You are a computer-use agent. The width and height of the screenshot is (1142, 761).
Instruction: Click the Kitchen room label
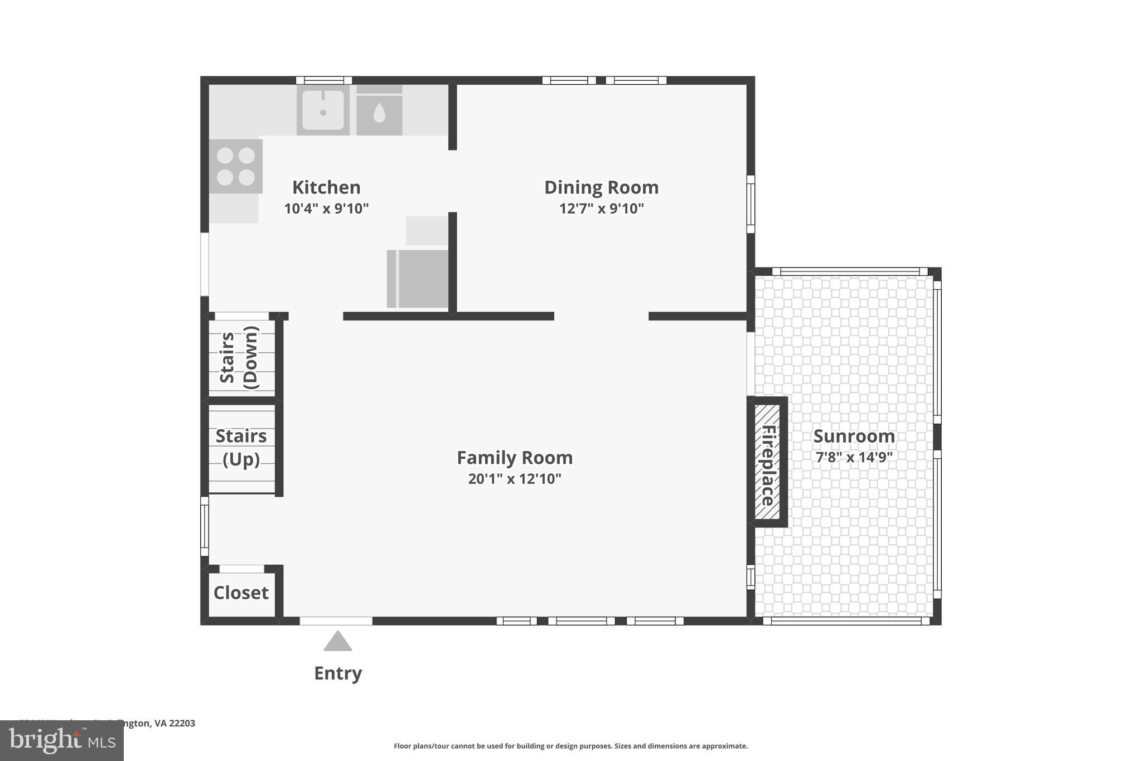click(326, 187)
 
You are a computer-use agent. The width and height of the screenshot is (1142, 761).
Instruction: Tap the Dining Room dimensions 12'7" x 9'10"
click(601, 209)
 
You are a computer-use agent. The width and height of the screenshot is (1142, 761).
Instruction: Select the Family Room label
click(514, 457)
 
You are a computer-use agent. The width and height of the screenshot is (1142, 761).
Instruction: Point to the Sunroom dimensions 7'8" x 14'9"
click(854, 457)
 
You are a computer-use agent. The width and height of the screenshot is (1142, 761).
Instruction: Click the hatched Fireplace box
click(767, 462)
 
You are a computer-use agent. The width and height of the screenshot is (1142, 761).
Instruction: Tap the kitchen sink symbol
click(323, 110)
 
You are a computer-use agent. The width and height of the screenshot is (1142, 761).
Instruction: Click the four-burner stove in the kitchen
click(235, 166)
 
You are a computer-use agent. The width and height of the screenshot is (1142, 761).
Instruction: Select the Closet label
click(241, 593)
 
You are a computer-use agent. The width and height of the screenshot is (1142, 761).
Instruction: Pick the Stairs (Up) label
click(241, 447)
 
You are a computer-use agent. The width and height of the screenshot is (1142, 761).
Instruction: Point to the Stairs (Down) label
click(240, 358)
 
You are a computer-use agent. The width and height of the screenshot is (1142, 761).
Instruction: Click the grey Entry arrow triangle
click(337, 642)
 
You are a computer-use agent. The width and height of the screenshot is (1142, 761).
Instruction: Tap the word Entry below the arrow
click(338, 673)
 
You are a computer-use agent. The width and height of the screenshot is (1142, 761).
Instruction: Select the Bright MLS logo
click(61, 740)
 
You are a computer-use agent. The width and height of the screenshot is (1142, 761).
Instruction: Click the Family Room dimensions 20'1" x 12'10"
click(514, 479)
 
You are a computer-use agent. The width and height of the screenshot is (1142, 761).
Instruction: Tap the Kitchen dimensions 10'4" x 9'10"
click(326, 209)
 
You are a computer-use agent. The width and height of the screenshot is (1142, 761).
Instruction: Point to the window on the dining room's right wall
click(751, 204)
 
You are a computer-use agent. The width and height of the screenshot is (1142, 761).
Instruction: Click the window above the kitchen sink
click(323, 80)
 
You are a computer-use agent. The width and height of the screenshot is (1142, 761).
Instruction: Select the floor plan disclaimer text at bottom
click(570, 746)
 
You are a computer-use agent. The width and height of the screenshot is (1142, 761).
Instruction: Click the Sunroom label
click(854, 436)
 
